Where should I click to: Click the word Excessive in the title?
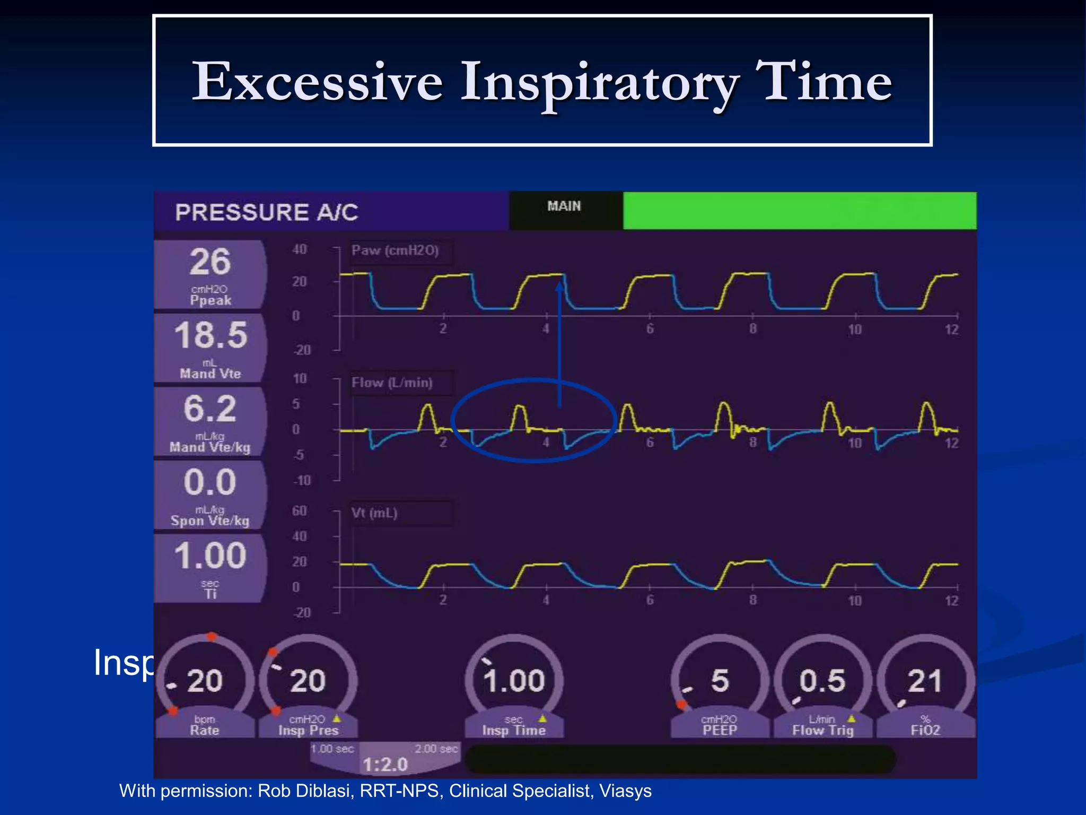(x=317, y=82)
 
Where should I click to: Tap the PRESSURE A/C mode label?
(x=267, y=212)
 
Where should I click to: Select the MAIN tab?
(x=564, y=206)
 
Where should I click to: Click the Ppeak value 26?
(x=211, y=262)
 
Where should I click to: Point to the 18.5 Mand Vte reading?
(x=211, y=336)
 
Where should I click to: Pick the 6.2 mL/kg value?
(x=210, y=409)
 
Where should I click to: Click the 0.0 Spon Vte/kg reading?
(x=210, y=482)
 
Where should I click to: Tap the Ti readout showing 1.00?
(x=210, y=556)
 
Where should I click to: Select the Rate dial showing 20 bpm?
(x=205, y=681)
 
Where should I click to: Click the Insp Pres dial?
(x=308, y=681)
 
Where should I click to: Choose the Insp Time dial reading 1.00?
(x=514, y=681)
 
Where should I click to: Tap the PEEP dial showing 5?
(x=720, y=681)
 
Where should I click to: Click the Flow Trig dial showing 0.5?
(x=822, y=681)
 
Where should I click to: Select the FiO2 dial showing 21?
(x=925, y=681)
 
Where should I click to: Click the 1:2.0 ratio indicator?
(x=386, y=765)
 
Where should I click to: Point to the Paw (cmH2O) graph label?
(x=396, y=251)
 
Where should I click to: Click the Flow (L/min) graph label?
(x=392, y=383)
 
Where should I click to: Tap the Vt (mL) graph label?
(x=374, y=514)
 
